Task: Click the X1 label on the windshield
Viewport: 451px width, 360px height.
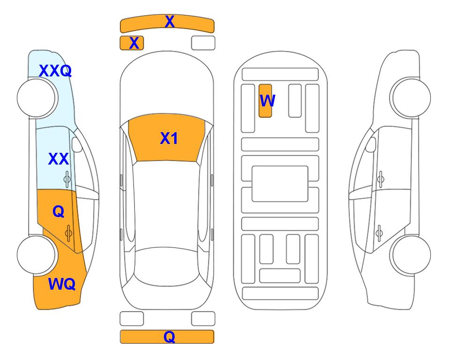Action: click(x=169, y=138)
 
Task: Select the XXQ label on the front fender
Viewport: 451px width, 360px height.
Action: click(x=55, y=71)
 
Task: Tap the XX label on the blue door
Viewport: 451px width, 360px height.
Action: click(x=59, y=159)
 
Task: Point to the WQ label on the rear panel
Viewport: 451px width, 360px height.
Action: click(x=62, y=284)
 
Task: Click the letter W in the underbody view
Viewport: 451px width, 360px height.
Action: click(x=267, y=100)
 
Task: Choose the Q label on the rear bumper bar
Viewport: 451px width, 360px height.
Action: click(x=169, y=337)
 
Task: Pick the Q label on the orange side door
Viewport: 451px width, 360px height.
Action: click(x=59, y=212)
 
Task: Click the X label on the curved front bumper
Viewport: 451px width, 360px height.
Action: click(x=170, y=22)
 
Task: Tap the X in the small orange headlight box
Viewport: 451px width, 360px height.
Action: click(x=134, y=43)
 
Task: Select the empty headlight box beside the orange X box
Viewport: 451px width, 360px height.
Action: click(x=203, y=43)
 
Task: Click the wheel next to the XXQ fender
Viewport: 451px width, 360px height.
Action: click(x=36, y=98)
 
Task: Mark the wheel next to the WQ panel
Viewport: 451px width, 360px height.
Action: click(x=36, y=255)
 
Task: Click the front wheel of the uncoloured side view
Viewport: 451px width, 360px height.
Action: click(x=412, y=98)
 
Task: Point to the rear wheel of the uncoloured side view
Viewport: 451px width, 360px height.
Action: click(x=412, y=255)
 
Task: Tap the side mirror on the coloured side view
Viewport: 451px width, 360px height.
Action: click(x=77, y=144)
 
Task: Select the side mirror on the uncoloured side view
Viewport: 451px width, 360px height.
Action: click(x=371, y=144)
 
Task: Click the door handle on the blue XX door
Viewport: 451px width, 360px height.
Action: click(x=67, y=180)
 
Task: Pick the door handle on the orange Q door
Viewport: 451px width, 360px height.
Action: click(x=68, y=233)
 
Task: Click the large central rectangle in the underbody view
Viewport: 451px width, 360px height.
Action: click(x=280, y=184)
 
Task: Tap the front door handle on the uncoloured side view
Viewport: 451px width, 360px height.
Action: click(x=381, y=179)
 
